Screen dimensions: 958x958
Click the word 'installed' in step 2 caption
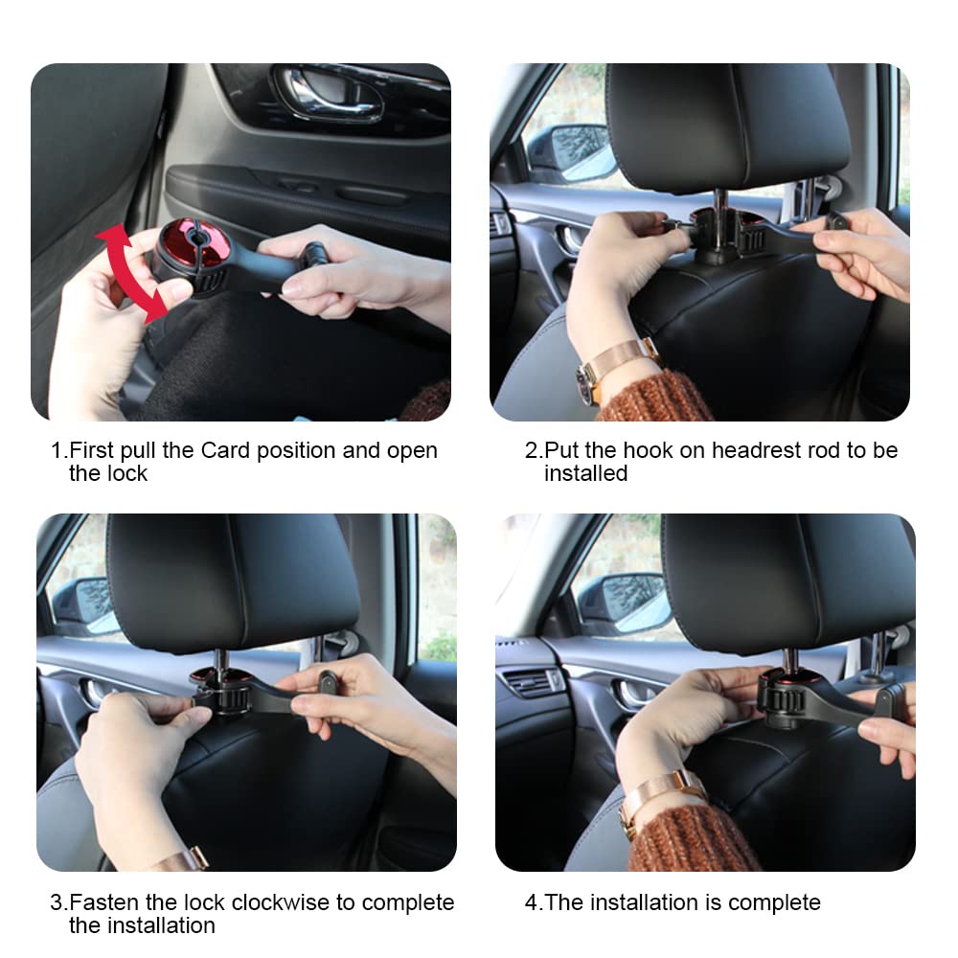tap(585, 473)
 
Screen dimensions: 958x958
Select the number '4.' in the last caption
tap(534, 902)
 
